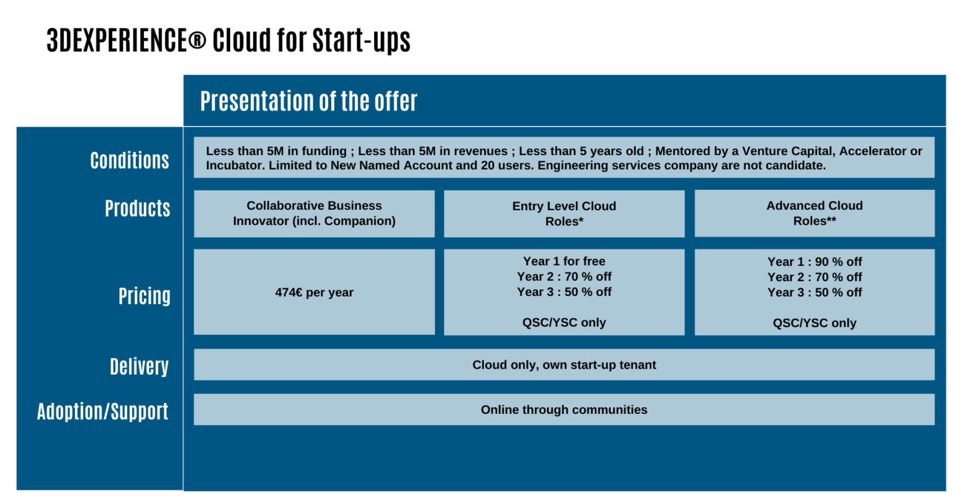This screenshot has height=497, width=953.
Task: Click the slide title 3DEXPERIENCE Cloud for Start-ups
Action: [228, 40]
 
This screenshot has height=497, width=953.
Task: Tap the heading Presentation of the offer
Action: [308, 101]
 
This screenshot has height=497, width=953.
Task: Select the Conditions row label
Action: [130, 160]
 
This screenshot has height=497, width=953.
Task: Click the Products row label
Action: [137, 208]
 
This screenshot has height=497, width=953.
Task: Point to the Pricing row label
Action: [145, 296]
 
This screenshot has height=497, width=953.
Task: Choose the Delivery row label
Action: [139, 366]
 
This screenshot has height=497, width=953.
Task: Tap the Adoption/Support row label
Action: [102, 411]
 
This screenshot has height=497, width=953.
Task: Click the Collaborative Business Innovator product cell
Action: [314, 213]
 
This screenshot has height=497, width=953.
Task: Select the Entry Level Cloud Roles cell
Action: [564, 213]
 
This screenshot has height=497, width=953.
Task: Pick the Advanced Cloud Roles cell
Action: [814, 213]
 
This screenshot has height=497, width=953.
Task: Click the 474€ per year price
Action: [314, 292]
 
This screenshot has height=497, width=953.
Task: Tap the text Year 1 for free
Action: [564, 261]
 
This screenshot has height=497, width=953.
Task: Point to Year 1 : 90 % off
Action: [814, 261]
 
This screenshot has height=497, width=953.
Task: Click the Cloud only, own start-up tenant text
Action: [564, 365]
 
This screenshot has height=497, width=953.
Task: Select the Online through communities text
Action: [564, 410]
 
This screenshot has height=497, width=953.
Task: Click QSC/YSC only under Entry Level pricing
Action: [564, 323]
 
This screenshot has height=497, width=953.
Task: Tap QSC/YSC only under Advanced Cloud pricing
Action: [814, 323]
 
